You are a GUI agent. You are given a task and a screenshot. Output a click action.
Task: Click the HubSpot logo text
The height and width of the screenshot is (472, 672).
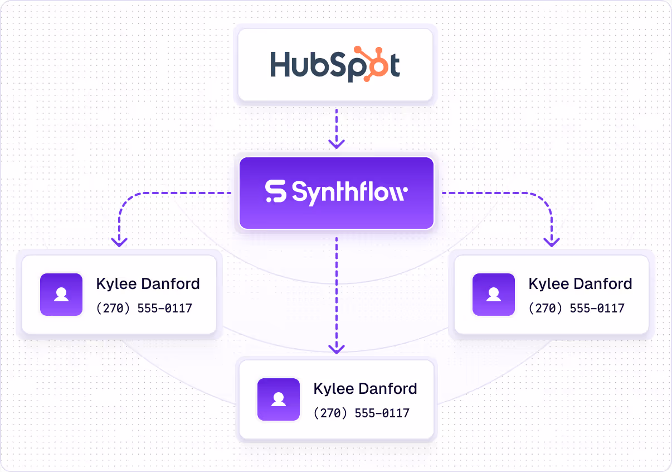coord(334,64)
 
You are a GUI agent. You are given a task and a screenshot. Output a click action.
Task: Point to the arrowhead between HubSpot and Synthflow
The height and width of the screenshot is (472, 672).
coord(336,144)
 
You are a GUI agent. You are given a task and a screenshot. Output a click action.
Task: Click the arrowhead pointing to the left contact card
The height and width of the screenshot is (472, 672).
coord(119,242)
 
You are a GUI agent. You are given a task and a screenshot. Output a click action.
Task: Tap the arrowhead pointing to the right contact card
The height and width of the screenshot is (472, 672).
coord(552,242)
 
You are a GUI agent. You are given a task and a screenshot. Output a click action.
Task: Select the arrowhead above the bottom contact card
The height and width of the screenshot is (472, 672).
coord(336,349)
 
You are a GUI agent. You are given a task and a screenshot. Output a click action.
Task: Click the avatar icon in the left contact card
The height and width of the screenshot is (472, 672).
coord(61,295)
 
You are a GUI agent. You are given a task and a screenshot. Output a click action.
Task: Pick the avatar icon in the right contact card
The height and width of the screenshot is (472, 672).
coord(494,295)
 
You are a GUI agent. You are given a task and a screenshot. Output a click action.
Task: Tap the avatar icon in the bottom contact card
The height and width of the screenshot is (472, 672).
coord(278,399)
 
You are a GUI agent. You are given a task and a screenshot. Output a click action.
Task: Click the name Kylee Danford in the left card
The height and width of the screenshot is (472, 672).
coord(148,283)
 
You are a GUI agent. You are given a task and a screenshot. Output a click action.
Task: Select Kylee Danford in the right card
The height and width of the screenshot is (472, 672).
coord(580,283)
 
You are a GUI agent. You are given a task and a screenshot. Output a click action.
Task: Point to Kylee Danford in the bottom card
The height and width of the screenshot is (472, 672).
coord(365,388)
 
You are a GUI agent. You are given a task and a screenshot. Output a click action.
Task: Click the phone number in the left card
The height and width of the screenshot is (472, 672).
coord(144,308)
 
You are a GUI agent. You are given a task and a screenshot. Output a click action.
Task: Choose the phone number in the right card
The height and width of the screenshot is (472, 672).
coord(576,308)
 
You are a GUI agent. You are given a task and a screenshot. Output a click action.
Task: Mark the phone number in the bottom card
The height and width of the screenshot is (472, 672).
coord(361,413)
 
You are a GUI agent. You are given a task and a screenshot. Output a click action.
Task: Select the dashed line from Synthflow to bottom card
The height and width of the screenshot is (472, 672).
coord(336,290)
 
